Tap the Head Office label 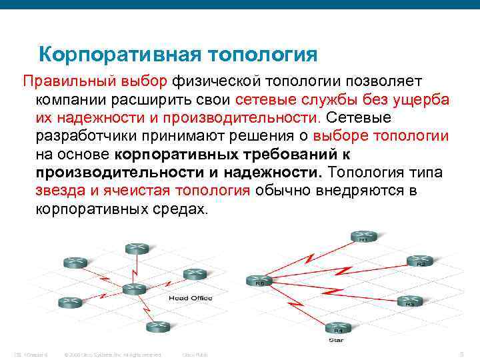click(190, 298)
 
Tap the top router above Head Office click(136, 248)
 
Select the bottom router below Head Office click(158, 326)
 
